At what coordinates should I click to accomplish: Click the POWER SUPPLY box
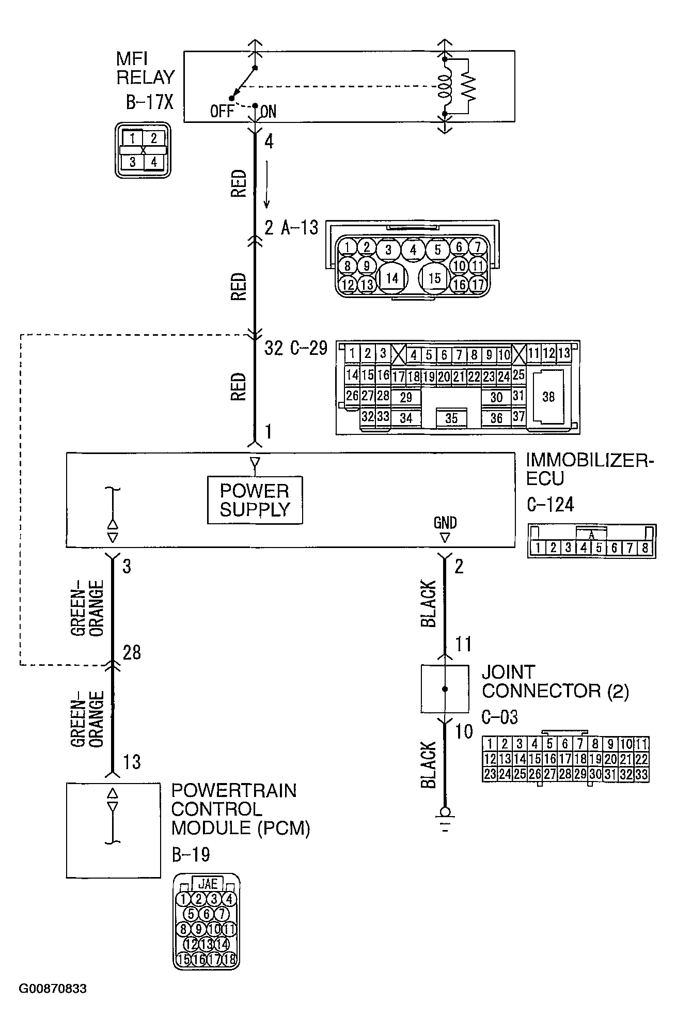(x=255, y=499)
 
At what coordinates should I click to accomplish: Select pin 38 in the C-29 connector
(x=548, y=396)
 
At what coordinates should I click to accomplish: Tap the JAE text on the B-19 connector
(x=208, y=883)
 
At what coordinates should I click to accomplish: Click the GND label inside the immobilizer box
(x=445, y=523)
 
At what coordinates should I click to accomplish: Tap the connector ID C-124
(x=550, y=504)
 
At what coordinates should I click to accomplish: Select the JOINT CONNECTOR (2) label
(x=555, y=681)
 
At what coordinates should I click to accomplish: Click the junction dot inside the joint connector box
(x=445, y=689)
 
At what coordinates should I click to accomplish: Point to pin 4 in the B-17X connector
(x=153, y=162)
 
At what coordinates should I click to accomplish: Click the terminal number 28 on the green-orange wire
(x=132, y=652)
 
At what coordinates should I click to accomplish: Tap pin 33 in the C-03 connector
(x=641, y=774)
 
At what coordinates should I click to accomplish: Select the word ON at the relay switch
(x=268, y=112)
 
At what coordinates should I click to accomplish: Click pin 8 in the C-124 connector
(x=644, y=548)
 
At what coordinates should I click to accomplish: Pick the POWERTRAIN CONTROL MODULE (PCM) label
(x=241, y=809)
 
